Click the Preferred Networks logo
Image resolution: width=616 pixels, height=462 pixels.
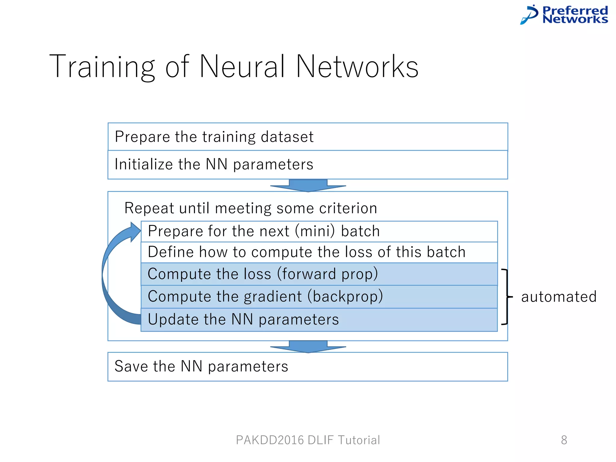click(x=564, y=15)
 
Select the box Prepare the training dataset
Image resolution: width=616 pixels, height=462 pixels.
click(x=307, y=137)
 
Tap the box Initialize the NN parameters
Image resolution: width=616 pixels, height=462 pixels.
click(x=307, y=165)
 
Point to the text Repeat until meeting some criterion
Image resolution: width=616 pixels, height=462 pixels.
click(x=251, y=208)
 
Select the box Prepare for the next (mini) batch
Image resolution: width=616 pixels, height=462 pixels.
click(x=319, y=231)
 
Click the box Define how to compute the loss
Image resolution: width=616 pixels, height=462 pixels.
click(x=319, y=252)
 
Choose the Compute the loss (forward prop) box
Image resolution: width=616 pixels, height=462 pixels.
click(x=319, y=274)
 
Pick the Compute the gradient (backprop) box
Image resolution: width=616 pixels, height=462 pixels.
click(x=319, y=297)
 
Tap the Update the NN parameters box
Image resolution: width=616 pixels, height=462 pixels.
click(x=319, y=319)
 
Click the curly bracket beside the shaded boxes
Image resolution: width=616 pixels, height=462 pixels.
click(x=507, y=297)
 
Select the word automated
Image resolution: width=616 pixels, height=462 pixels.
click(x=559, y=297)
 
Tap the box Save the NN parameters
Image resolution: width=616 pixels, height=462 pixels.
click(x=307, y=367)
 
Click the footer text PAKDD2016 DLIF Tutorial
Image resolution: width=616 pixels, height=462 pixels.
click(x=308, y=440)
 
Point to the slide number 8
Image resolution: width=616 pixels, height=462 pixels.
click(x=564, y=440)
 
